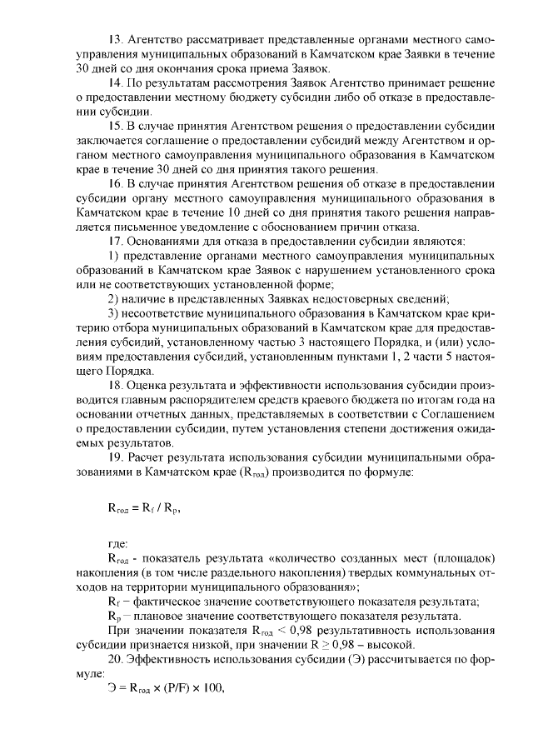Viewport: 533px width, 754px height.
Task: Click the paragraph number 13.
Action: (x=117, y=40)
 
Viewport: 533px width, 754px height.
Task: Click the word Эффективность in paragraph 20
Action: (x=172, y=659)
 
